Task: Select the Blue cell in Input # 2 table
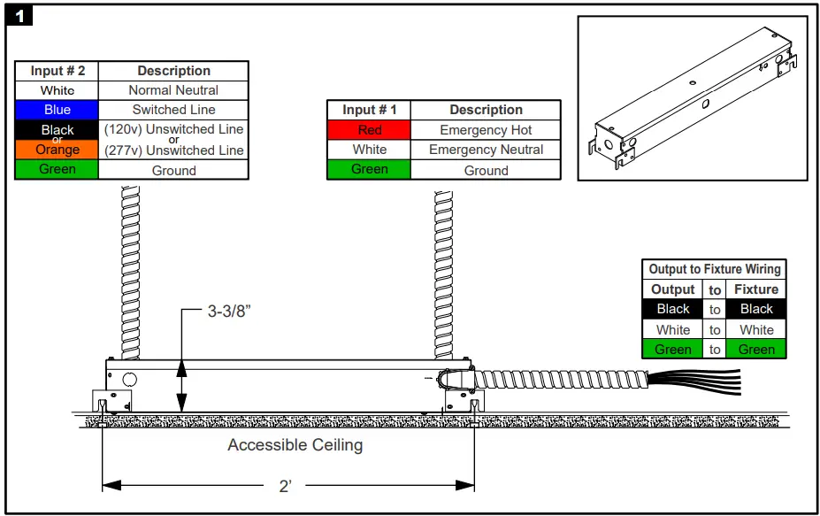click(x=57, y=110)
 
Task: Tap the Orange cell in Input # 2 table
click(x=57, y=150)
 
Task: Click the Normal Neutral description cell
click(x=173, y=90)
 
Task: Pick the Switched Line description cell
click(x=173, y=110)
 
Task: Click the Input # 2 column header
click(x=57, y=71)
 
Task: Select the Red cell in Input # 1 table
click(x=369, y=130)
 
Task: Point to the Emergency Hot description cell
click(x=486, y=130)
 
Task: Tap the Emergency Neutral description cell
click(x=486, y=150)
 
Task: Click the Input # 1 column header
click(x=369, y=110)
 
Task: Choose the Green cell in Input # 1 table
click(x=369, y=170)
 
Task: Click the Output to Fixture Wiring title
click(x=714, y=269)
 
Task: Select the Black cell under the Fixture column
click(x=755, y=309)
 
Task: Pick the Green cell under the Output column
click(x=672, y=350)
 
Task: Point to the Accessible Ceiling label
click(x=295, y=445)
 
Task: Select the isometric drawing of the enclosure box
click(x=692, y=97)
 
